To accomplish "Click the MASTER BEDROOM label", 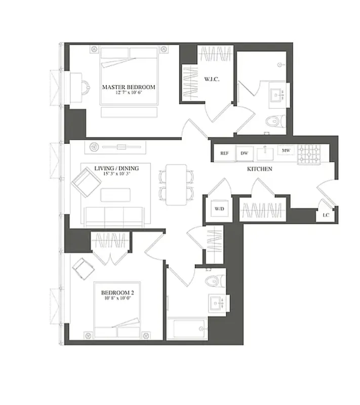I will tap(128, 87).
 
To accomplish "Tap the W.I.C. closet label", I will tap(211, 79).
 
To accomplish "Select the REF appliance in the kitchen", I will tap(224, 152).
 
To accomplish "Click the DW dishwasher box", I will tap(244, 152).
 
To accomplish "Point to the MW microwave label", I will tap(286, 151).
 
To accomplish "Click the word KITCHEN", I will tap(260, 169).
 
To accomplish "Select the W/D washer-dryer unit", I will tap(219, 208).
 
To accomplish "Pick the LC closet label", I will tap(326, 215).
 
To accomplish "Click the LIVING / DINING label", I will tap(116, 168).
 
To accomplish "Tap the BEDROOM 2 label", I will tap(117, 293).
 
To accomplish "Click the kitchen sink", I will tap(265, 153).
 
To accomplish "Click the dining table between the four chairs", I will tap(177, 185).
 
